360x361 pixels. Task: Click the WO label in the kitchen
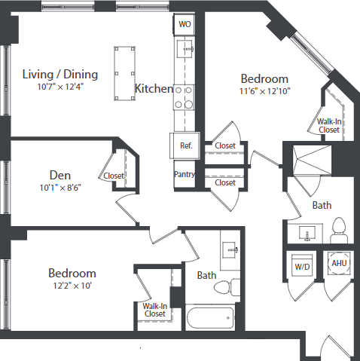185,24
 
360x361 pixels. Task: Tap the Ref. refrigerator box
185,145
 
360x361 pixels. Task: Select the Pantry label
185,174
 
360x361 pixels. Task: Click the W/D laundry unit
301,266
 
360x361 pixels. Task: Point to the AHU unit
338,264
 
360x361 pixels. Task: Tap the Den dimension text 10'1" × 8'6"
59,188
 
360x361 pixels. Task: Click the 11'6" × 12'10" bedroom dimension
264,91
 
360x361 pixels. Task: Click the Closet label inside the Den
114,176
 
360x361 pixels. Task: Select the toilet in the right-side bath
338,228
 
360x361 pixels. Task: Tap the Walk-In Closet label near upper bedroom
328,124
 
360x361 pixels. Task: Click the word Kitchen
154,89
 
